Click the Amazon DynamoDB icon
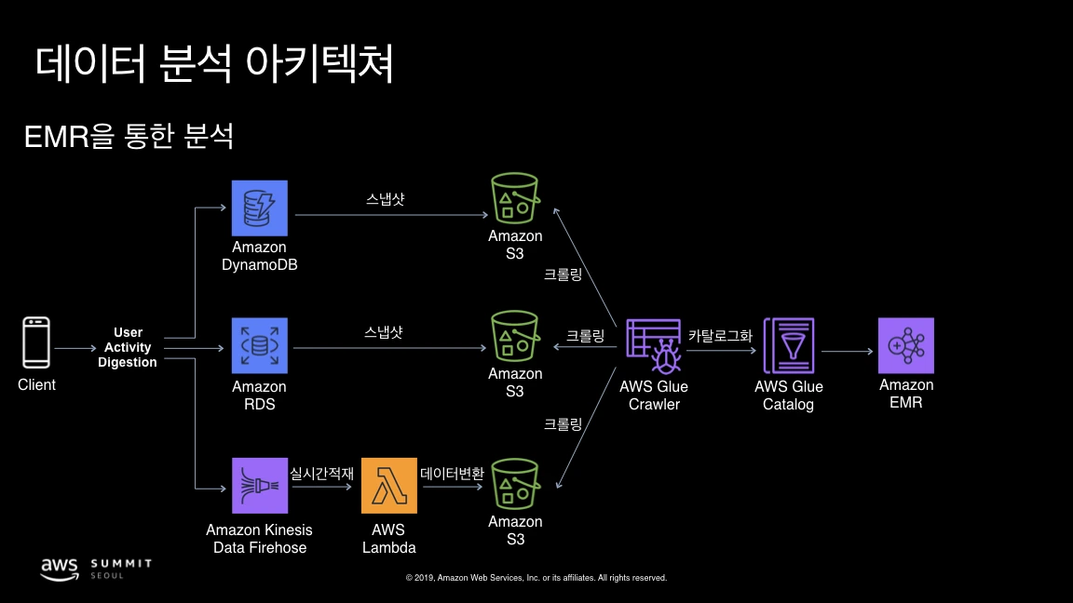(x=260, y=208)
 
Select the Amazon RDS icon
(x=260, y=346)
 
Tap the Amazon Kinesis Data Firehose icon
(x=260, y=486)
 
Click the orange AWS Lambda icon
(x=389, y=486)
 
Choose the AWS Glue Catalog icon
(x=789, y=346)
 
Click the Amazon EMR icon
(x=905, y=346)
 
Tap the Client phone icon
(x=36, y=343)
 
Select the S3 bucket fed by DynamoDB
(x=515, y=199)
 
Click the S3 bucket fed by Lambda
(x=515, y=483)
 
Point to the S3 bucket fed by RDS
(x=515, y=337)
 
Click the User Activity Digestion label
(x=128, y=347)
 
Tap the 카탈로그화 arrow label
(x=720, y=336)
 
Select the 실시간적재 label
(x=322, y=474)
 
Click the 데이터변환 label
(x=453, y=474)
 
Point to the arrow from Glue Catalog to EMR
(x=846, y=351)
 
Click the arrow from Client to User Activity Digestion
(x=75, y=348)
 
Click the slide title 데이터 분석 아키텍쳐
(x=215, y=64)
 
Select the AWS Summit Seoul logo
(x=95, y=569)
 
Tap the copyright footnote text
(x=536, y=578)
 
